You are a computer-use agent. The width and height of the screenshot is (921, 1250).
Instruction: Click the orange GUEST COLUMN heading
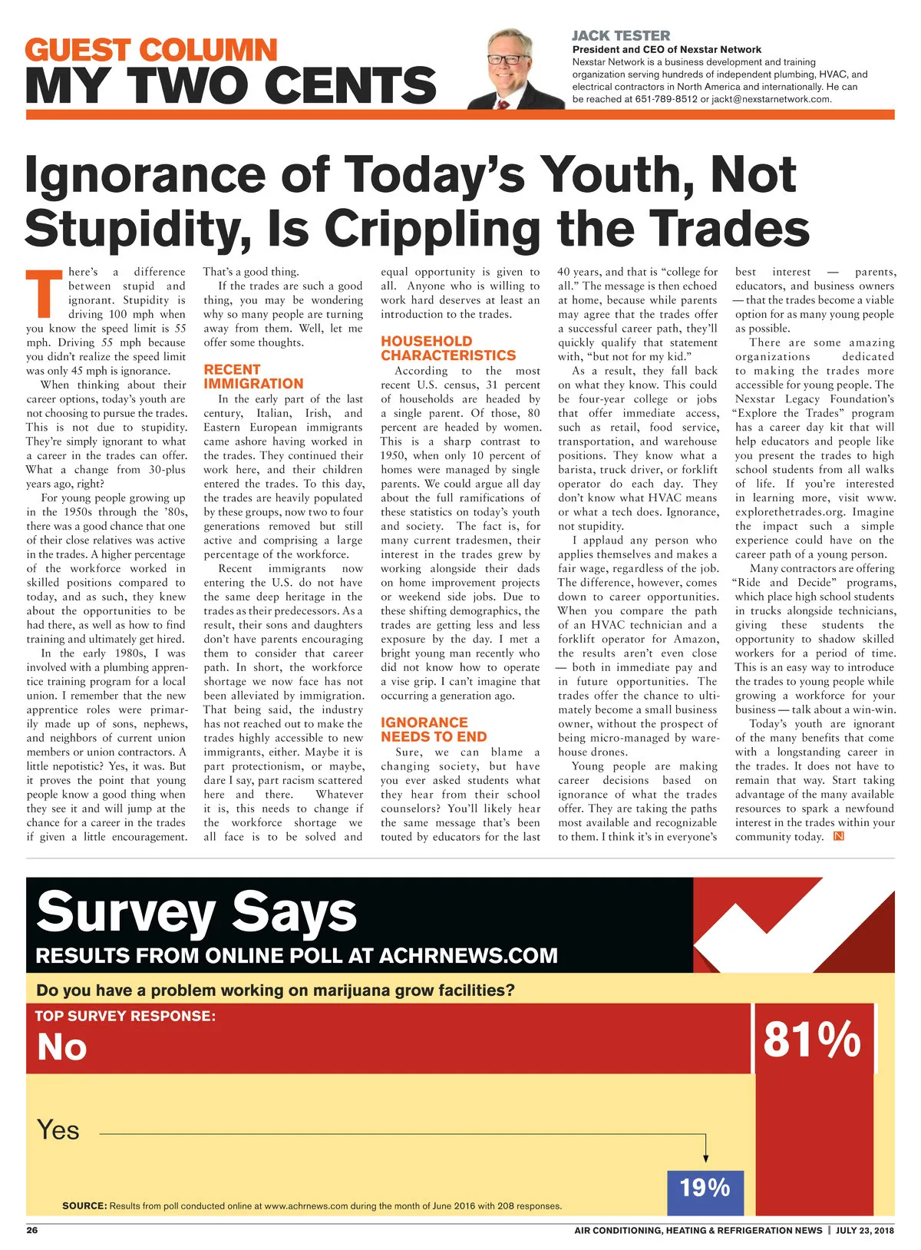point(150,51)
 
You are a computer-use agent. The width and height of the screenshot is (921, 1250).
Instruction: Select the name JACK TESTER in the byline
point(620,36)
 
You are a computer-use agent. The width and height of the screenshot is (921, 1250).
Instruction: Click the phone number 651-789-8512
point(666,99)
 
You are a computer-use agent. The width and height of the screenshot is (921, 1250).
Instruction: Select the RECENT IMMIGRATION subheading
point(253,376)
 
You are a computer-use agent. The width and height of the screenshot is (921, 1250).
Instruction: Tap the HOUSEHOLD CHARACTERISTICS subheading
point(448,348)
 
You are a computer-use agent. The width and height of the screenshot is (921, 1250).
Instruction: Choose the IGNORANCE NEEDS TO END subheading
point(434,729)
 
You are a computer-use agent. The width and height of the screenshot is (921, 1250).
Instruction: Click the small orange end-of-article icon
point(839,836)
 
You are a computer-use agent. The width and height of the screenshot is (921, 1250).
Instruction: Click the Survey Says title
point(196,911)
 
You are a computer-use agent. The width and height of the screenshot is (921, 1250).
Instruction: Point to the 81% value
point(812,1040)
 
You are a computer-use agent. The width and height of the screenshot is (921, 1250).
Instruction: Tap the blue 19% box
point(705,1188)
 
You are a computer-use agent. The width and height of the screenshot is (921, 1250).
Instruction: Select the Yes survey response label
point(58,1130)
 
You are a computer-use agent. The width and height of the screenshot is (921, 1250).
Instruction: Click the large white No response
point(62,1047)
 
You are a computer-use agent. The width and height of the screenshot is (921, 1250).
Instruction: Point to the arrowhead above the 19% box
point(705,1159)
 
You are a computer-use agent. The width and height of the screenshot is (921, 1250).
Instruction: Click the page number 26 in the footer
point(32,1230)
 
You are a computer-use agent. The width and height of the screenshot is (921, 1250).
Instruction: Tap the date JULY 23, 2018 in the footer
point(865,1230)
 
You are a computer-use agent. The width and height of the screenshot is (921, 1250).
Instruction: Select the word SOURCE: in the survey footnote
point(84,1205)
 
